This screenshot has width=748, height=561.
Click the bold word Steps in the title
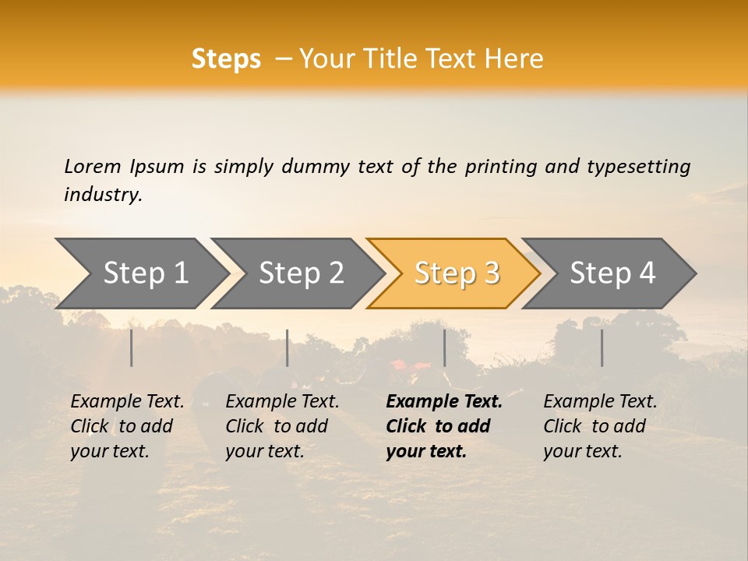pyautogui.click(x=226, y=59)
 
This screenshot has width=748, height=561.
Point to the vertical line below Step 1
pyautogui.click(x=132, y=348)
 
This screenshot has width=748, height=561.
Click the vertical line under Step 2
pyautogui.click(x=288, y=348)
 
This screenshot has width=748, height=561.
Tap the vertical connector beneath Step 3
pyautogui.click(x=445, y=348)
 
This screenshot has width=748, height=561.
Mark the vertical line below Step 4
pyautogui.click(x=602, y=348)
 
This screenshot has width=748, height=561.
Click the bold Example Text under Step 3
pyautogui.click(x=444, y=402)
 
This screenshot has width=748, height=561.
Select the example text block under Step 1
pyautogui.click(x=126, y=426)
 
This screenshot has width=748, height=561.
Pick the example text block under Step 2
pyautogui.click(x=281, y=426)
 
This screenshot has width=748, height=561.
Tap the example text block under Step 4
pyautogui.click(x=599, y=426)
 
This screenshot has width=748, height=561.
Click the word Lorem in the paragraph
pyautogui.click(x=92, y=167)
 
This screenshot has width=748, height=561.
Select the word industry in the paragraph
pyautogui.click(x=102, y=195)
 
